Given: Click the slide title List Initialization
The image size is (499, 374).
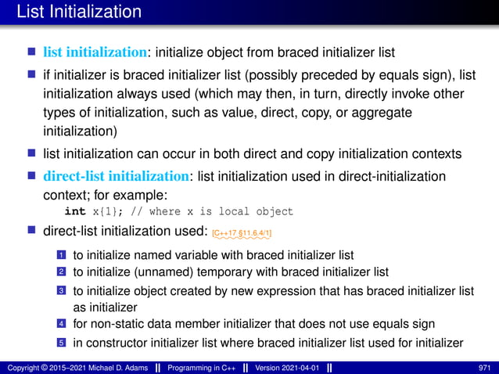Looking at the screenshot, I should (x=73, y=13).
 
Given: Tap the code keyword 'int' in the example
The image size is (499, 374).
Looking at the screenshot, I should (x=74, y=211).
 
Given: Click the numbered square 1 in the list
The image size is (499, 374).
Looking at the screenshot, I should (x=61, y=255).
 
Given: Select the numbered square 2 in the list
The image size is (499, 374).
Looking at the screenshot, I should (x=61, y=272).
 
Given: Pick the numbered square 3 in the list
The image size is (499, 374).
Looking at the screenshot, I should (x=61, y=291).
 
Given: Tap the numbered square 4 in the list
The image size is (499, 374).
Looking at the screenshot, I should (x=61, y=323).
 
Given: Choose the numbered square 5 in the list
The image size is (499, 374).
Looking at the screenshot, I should (x=61, y=341).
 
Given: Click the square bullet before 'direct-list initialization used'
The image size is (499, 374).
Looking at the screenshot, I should (x=32, y=231).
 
